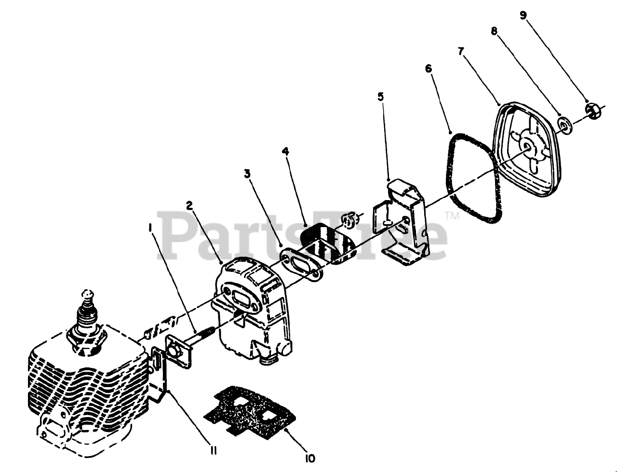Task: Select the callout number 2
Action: coord(189,205)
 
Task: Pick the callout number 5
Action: coord(380,96)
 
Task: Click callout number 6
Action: coord(429,68)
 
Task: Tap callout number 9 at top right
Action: coord(523,14)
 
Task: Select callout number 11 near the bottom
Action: coord(213,450)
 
